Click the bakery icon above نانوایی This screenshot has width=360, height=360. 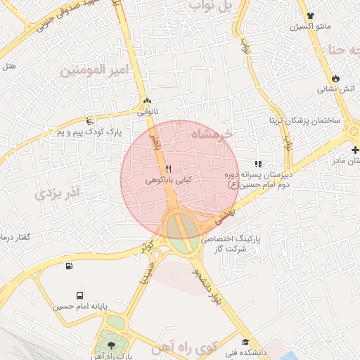click(146, 101)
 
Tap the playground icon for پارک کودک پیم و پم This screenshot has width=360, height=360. click(89, 120)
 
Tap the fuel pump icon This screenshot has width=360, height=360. click(69, 266)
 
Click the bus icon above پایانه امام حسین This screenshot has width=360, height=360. click(79, 296)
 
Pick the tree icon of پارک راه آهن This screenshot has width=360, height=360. click(109, 345)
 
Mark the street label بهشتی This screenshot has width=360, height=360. click(225, 211)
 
